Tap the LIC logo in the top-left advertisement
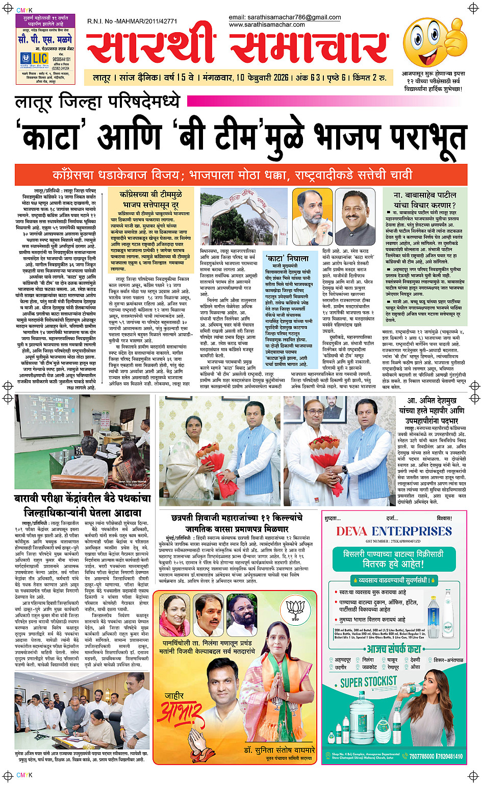pyautogui.click(x=33, y=58)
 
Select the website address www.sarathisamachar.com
pyautogui.click(x=267, y=24)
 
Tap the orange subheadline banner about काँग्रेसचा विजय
pyautogui.click(x=241, y=175)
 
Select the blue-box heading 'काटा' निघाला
pyautogui.click(x=287, y=258)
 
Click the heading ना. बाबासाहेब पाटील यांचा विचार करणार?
pyautogui.click(x=424, y=200)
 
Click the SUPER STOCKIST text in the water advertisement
pyautogui.click(x=368, y=681)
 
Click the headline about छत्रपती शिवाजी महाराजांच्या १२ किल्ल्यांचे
pyautogui.click(x=237, y=522)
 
